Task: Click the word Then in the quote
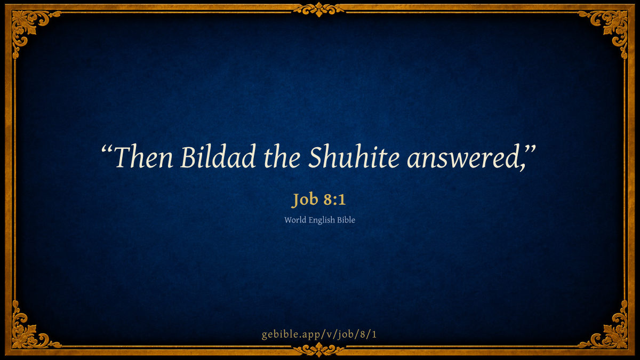[x=143, y=157]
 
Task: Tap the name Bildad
[x=218, y=156]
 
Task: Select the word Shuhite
[x=354, y=156]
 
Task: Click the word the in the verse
[x=282, y=157]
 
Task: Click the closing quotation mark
[x=531, y=150]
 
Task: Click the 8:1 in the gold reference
[x=335, y=199]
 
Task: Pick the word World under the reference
[x=295, y=220]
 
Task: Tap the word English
[x=322, y=220]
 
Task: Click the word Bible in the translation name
[x=346, y=220]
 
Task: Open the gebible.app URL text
[x=319, y=334]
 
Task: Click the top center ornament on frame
[x=319, y=10]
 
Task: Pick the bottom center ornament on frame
[x=319, y=349]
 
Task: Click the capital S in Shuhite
[x=316, y=157]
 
